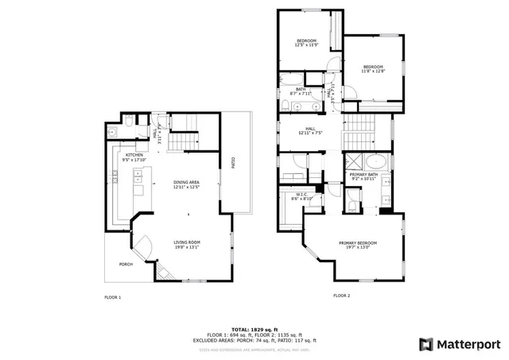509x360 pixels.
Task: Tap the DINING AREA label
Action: click(187, 184)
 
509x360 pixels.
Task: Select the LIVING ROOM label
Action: click(187, 244)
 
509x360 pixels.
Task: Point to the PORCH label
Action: click(126, 264)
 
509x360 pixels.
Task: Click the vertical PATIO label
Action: click(233, 164)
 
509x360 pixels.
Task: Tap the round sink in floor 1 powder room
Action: click(114, 128)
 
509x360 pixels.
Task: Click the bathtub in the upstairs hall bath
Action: click(299, 79)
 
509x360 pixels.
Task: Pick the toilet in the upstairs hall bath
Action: click(284, 105)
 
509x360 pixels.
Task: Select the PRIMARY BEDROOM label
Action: click(357, 245)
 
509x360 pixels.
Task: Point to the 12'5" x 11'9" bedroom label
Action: click(307, 43)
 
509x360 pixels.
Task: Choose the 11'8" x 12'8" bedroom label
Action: click(373, 69)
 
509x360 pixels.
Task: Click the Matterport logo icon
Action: click(426, 343)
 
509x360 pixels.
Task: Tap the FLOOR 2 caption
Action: click(341, 296)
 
